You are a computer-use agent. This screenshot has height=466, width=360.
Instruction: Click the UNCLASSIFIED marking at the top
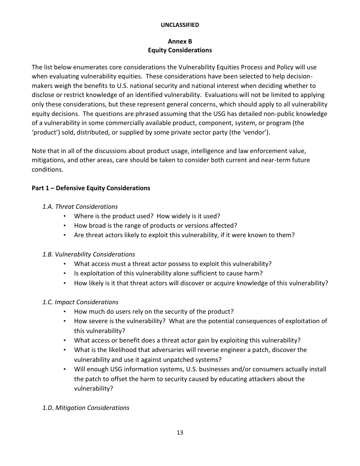coord(180,25)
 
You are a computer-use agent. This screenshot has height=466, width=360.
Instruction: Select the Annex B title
coord(180,41)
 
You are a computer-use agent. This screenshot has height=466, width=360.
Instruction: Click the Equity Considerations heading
coord(180,50)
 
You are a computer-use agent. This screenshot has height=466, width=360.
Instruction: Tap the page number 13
coord(180,433)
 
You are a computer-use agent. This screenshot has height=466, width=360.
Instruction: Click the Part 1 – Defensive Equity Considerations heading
coord(91,188)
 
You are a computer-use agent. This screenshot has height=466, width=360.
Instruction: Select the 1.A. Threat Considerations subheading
coord(80,206)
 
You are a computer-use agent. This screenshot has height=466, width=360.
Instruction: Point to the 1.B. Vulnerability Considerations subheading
coord(89,254)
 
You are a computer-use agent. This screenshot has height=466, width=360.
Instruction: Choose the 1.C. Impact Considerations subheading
coord(80,302)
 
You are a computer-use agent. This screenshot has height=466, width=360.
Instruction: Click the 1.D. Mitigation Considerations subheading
coord(86,408)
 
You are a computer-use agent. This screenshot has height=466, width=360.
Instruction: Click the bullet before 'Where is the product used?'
coord(65,216)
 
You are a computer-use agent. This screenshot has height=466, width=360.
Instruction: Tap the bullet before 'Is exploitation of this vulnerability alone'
coord(65,273)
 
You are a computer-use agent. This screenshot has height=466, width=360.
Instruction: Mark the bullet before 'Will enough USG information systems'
coord(65,369)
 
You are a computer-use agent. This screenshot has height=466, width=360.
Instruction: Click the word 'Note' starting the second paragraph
coord(39,150)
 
